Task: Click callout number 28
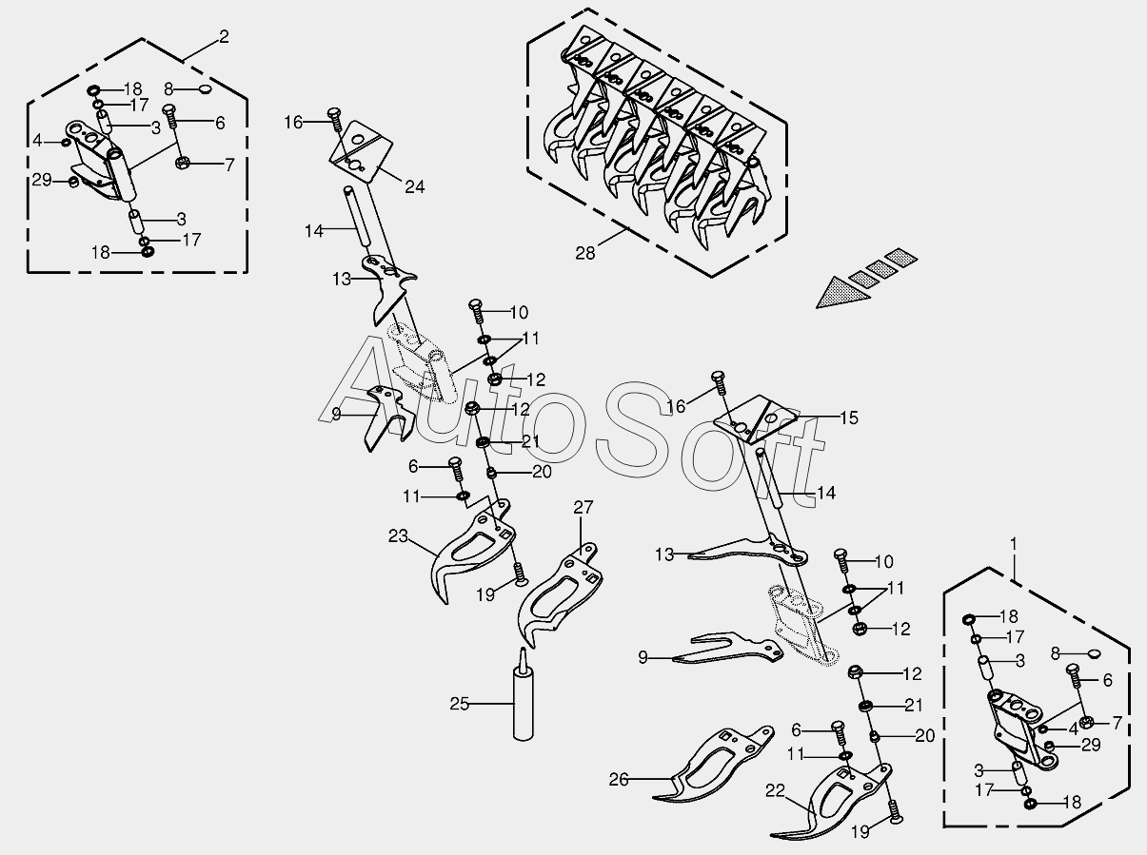[587, 252]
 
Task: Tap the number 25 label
[461, 704]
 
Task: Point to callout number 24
[414, 186]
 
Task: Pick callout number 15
[848, 417]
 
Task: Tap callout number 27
[583, 507]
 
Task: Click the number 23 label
[398, 536]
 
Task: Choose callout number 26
[620, 779]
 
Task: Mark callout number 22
[776, 788]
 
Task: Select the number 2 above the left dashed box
[224, 37]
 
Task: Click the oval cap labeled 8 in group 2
[204, 90]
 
